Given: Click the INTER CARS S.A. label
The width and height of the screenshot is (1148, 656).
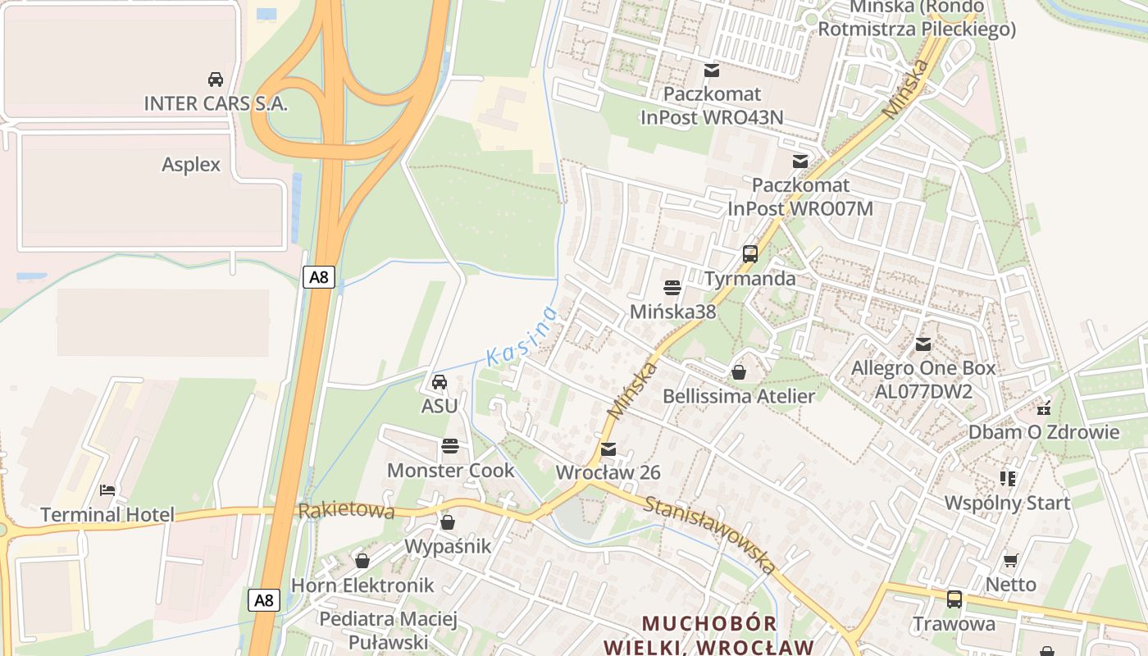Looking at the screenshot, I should (x=216, y=103).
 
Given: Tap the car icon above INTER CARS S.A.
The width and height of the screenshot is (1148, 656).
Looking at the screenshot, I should (x=216, y=80).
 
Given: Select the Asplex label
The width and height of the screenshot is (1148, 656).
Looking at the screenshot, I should (x=191, y=164).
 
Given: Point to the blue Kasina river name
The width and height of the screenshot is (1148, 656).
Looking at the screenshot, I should (x=522, y=336).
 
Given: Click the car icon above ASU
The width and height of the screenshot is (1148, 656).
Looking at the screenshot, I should (x=440, y=382).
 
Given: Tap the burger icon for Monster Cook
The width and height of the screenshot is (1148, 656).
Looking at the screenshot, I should (x=449, y=446).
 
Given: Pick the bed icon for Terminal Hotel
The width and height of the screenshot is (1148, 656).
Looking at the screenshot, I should (x=107, y=490).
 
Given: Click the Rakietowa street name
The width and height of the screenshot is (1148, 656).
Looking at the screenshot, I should (x=346, y=511).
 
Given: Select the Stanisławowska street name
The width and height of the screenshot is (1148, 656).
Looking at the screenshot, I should (x=709, y=534).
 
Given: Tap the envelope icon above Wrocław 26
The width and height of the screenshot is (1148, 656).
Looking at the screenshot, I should (x=608, y=449).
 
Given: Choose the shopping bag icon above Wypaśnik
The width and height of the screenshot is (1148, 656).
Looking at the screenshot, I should (x=448, y=522).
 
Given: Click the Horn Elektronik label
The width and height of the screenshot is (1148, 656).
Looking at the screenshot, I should (x=362, y=585).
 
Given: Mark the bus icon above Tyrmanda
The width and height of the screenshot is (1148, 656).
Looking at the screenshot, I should (x=750, y=254).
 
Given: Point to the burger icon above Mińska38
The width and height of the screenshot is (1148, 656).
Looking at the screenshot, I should (x=672, y=288).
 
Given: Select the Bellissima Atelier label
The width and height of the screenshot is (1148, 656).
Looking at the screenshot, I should (x=739, y=396).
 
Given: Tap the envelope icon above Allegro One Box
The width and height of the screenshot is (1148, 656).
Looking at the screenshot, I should (x=923, y=344).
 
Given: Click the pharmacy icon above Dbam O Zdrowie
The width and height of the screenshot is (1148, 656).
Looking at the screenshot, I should (x=1044, y=408).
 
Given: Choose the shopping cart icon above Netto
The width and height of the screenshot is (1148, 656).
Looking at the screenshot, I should (x=1011, y=560).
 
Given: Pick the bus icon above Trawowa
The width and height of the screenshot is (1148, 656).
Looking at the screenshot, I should (x=954, y=599).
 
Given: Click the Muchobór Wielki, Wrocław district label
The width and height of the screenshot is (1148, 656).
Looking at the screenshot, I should (x=709, y=635).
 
